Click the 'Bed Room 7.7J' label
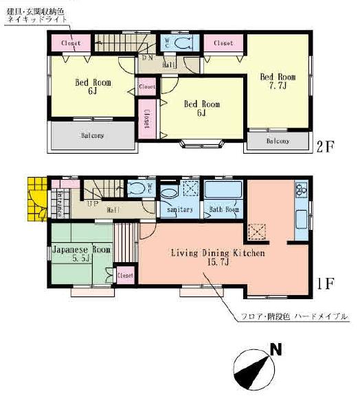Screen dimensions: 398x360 (x=278, y=82)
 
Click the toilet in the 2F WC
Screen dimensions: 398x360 (x=183, y=43)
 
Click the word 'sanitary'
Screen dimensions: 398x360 (x=179, y=209)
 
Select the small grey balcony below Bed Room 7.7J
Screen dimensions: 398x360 (x=278, y=141)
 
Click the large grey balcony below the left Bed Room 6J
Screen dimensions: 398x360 (x=92, y=136)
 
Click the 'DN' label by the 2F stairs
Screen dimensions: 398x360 (x=146, y=58)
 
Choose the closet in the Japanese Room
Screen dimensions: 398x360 (x=124, y=275)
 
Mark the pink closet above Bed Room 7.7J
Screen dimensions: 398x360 (x=223, y=43)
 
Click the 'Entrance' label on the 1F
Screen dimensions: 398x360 (x=59, y=204)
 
